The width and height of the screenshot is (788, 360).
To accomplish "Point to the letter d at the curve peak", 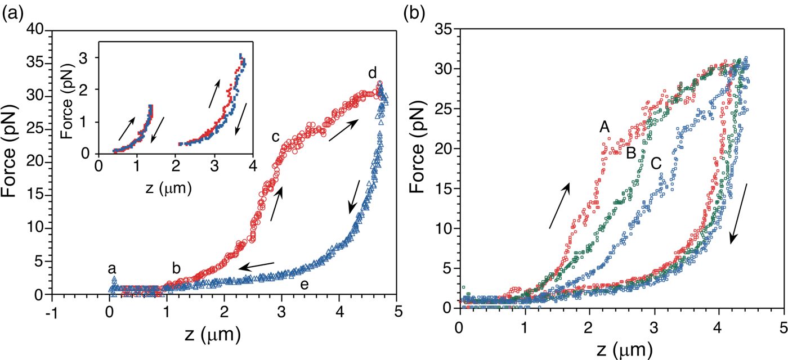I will point(373,74).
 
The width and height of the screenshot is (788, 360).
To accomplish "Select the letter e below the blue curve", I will point(304,285).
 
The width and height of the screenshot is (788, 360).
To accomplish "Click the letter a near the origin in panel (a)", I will point(113,269).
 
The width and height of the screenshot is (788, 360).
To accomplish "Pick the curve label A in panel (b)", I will point(605,128).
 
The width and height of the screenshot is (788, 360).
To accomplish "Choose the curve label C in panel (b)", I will point(655,163).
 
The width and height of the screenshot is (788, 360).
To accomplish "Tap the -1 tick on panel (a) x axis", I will point(50,312).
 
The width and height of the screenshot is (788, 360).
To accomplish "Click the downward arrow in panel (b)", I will point(739,213).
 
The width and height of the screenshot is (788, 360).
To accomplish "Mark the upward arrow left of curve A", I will point(560,206).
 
